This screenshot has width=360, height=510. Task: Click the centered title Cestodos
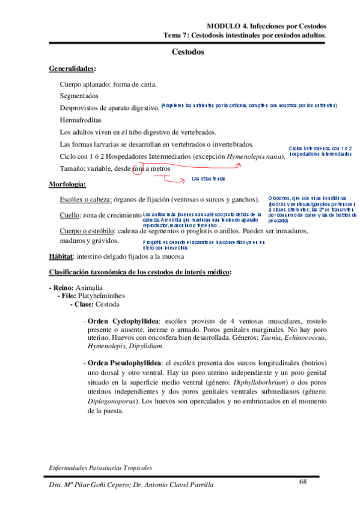[x=188, y=53]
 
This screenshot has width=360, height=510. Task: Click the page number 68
[x=303, y=481]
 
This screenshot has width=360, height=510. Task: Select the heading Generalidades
[x=72, y=69]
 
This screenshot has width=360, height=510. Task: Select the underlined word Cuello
[x=70, y=215]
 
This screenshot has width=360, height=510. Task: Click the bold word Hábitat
[x=61, y=256]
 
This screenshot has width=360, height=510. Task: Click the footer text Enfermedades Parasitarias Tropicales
[x=100, y=467]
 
